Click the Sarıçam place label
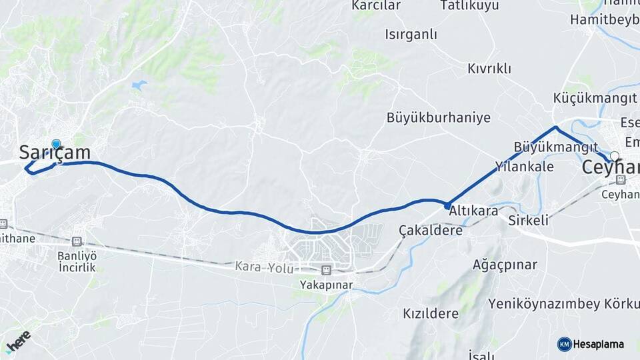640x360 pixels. (55, 153)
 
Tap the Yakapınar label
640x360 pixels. (326, 285)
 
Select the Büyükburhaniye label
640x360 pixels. (438, 118)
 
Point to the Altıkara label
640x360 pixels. (474, 210)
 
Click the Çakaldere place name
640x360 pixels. (431, 230)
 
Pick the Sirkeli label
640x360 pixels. (528, 220)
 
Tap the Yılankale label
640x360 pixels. (525, 167)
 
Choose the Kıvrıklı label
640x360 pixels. (489, 69)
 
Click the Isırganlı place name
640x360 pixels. (411, 33)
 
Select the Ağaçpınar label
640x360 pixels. (504, 265)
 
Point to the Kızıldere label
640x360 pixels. (431, 313)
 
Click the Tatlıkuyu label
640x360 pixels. (469, 6)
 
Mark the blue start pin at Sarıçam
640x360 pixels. (56, 144)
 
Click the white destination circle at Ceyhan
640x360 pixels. (615, 156)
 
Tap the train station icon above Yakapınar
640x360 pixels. (326, 270)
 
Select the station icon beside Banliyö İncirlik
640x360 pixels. (77, 241)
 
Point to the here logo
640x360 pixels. (18, 341)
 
